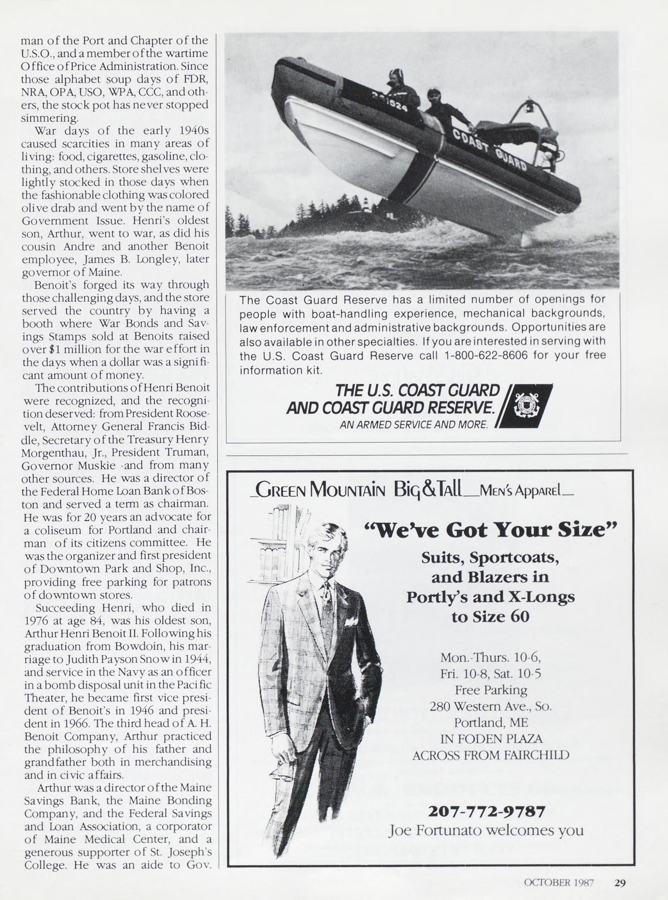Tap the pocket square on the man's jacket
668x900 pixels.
click(350, 622)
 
